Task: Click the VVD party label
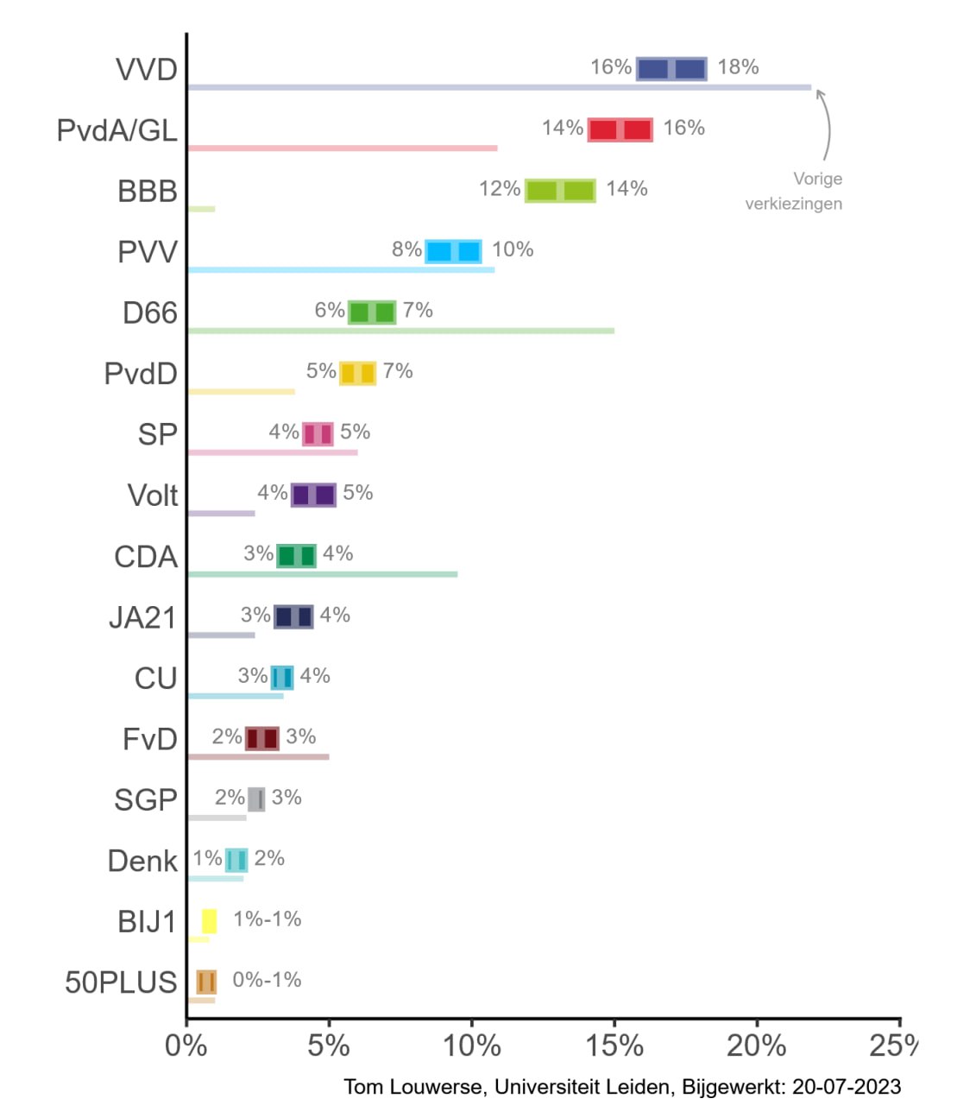pos(147,70)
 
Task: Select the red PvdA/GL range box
pos(620,129)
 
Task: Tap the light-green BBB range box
pos(560,191)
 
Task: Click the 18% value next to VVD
pos(738,67)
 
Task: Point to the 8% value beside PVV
pos(406,249)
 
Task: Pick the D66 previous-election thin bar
pos(400,331)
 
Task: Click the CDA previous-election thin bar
pos(322,574)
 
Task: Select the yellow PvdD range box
pos(357,373)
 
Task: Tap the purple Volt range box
pos(313,495)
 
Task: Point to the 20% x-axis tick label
pos(756,1045)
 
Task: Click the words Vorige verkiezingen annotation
pos(794,191)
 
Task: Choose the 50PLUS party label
pos(121,982)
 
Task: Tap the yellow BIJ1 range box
pos(209,921)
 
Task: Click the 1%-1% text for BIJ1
pos(267,919)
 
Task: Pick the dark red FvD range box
pos(261,738)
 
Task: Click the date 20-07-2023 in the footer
pos(847,1087)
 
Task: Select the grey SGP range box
pos(256,799)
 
